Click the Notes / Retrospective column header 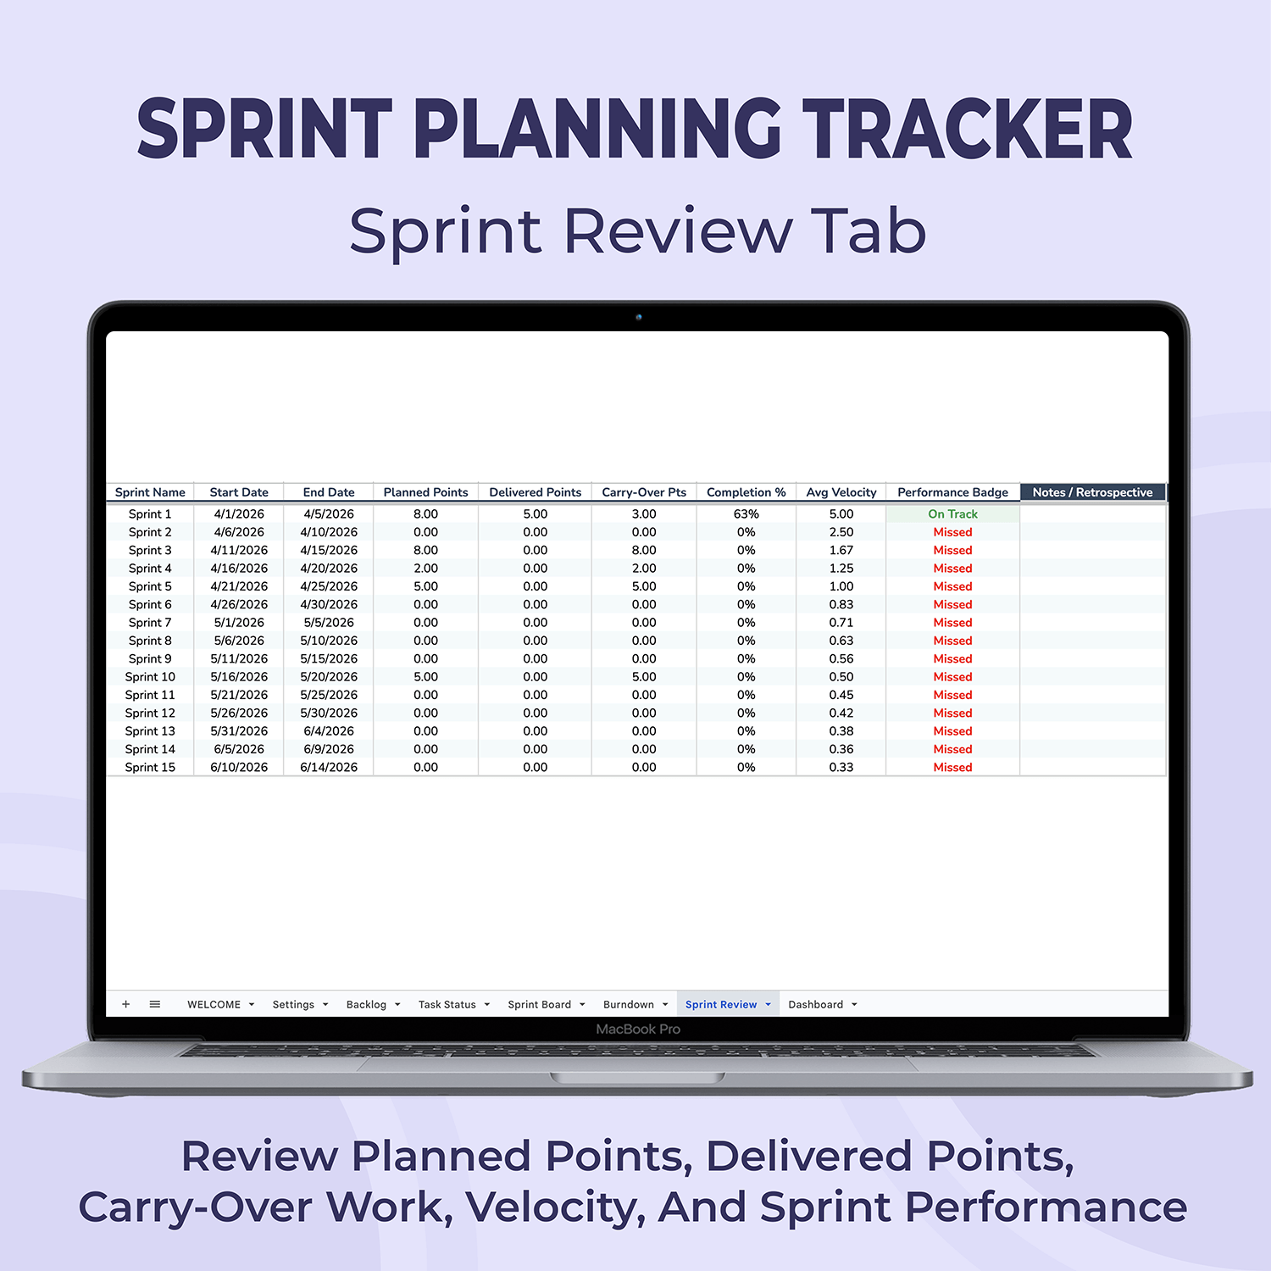1092,492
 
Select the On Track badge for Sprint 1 952,513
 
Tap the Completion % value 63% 746,513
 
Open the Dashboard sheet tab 815,1004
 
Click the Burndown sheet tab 628,1004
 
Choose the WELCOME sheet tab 214,1004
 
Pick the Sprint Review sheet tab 721,1004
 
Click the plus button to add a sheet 126,1004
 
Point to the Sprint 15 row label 150,768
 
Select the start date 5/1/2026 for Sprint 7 239,623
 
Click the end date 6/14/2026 329,768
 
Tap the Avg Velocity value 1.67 841,550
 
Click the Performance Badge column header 952,492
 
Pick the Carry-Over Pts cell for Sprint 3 644,550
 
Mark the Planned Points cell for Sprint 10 425,677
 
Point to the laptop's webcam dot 639,317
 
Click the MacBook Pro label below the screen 638,1029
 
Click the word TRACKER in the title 967,129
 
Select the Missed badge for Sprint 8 952,641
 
